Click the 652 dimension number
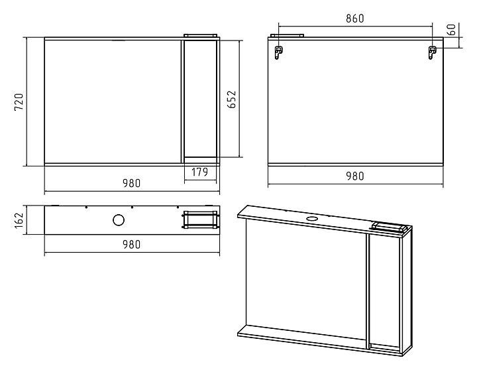tap(233, 98)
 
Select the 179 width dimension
tap(200, 172)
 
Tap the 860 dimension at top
tap(354, 19)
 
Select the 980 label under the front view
tap(131, 184)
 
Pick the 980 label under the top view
tap(131, 244)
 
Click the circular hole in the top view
tap(119, 220)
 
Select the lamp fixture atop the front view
tap(200, 35)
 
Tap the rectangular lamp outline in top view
tap(200, 219)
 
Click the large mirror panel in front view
tap(113, 99)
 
